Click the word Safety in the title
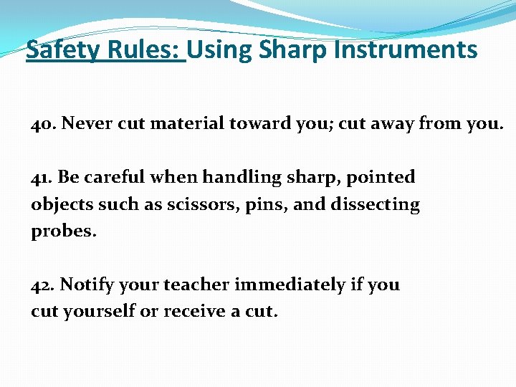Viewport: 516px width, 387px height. (60, 50)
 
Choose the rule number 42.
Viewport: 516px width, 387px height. (43, 285)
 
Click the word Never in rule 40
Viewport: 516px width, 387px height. (87, 123)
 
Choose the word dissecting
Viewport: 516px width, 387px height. (376, 205)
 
